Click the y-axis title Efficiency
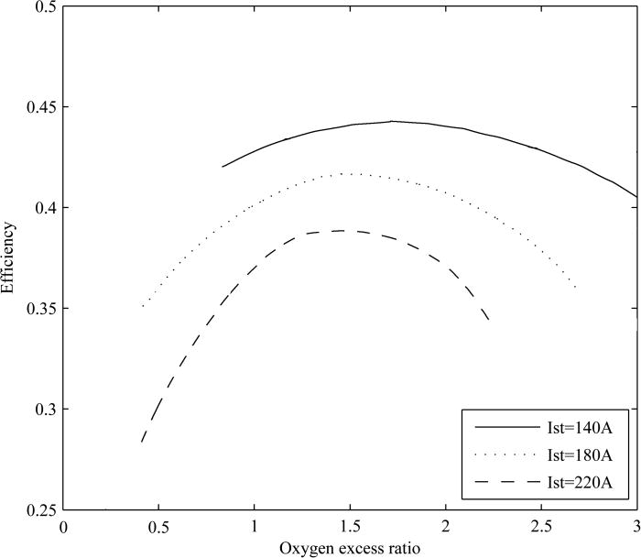(8, 257)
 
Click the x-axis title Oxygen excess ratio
(350, 547)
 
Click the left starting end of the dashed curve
(142, 442)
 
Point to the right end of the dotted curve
(575, 287)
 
